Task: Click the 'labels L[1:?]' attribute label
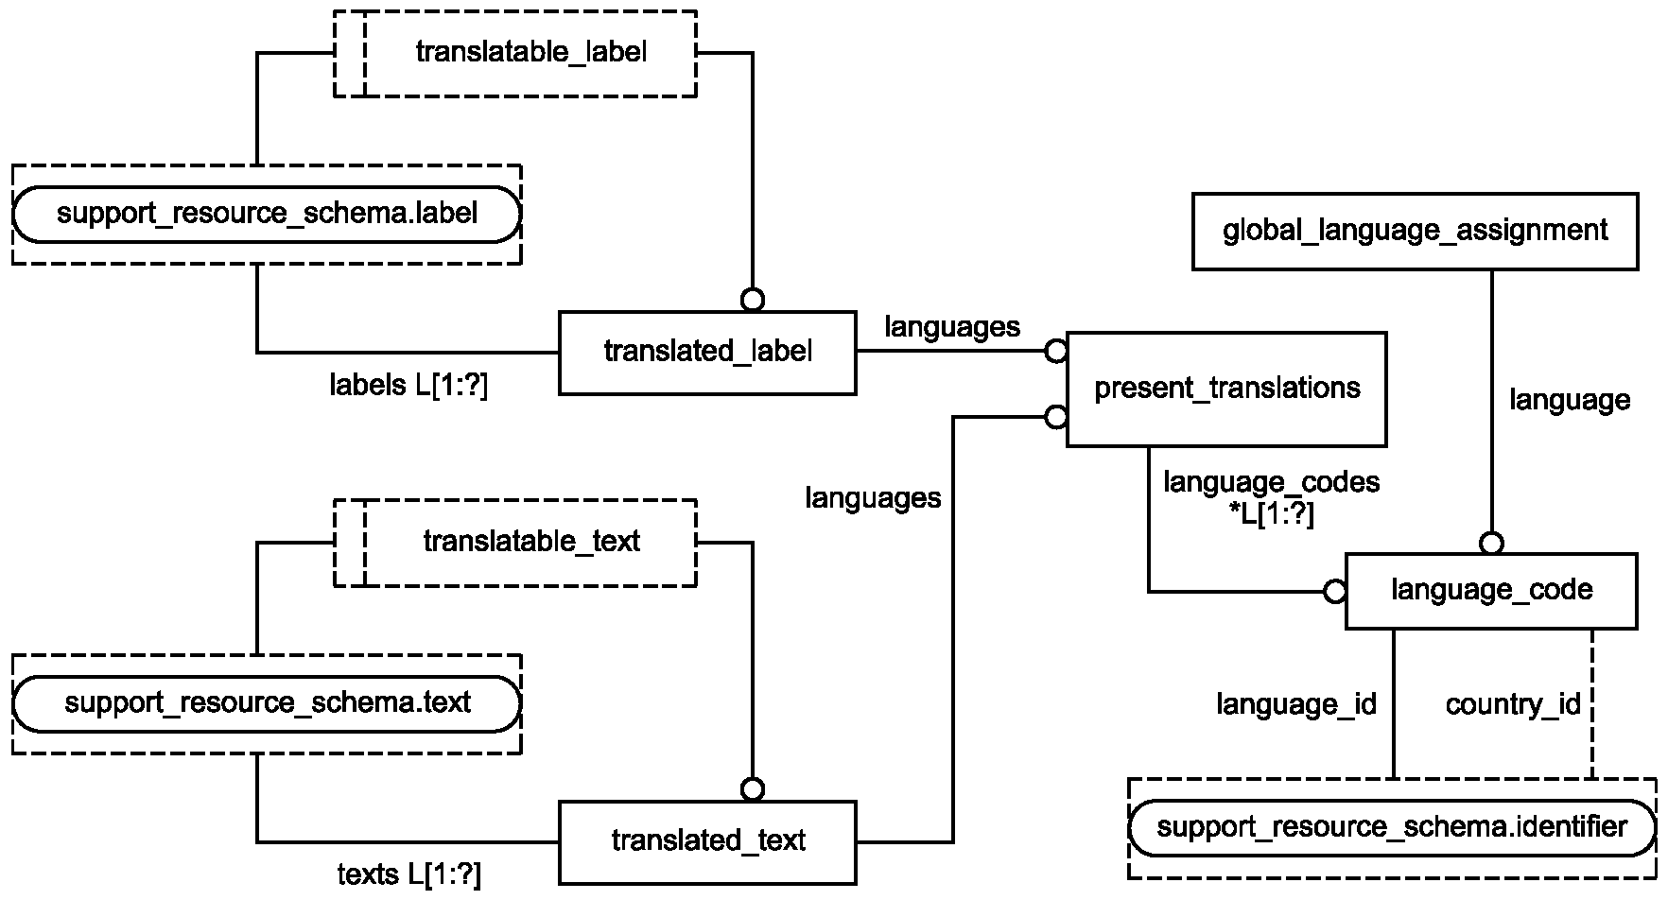[408, 385]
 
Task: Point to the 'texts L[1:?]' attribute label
[409, 874]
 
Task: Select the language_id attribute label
[1296, 704]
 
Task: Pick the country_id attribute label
[1513, 704]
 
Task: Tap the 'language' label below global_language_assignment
[1570, 400]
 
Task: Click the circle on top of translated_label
[753, 300]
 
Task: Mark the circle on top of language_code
[1492, 543]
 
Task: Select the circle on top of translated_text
[753, 789]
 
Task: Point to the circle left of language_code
[1334, 592]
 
